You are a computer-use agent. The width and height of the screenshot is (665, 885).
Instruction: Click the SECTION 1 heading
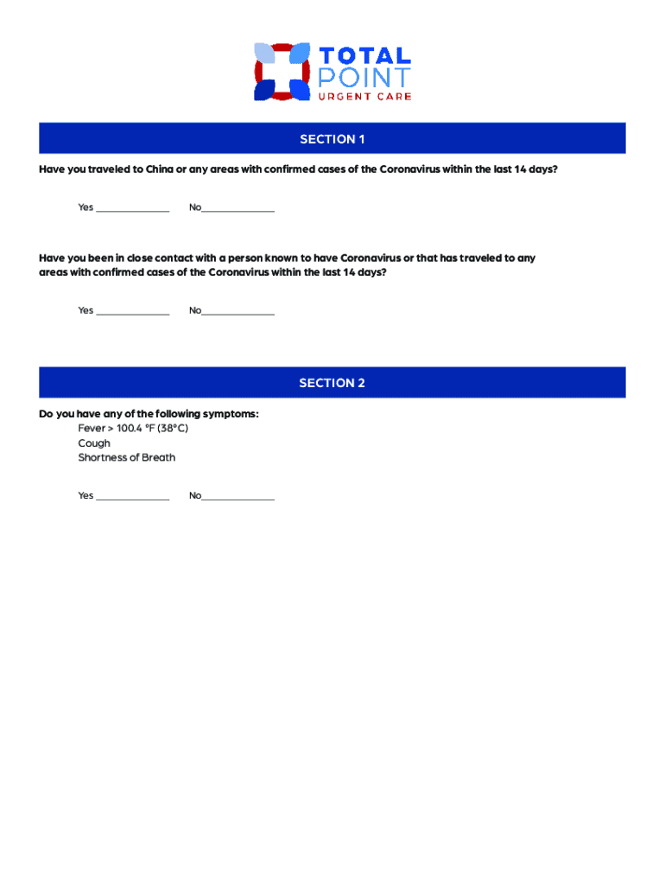tap(332, 139)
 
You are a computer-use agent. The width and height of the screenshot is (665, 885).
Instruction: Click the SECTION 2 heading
tap(332, 383)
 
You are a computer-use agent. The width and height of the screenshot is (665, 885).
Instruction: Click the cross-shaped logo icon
tap(282, 72)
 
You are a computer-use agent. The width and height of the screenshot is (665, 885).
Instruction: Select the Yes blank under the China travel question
tap(133, 208)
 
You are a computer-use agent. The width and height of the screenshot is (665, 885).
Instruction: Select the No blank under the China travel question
tap(237, 208)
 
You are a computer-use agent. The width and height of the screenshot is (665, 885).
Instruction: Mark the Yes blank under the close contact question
tap(133, 311)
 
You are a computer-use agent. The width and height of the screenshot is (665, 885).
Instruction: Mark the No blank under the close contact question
tap(237, 311)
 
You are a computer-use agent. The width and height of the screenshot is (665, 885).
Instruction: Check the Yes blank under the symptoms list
tap(133, 496)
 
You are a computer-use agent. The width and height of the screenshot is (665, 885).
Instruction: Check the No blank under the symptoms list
tap(237, 496)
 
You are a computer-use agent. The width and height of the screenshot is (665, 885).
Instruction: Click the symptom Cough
tap(94, 443)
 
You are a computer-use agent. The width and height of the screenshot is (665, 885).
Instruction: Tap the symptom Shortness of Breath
tap(127, 457)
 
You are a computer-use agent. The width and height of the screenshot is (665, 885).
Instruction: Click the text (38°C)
tap(172, 429)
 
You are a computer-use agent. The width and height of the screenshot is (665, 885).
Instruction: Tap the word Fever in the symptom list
tap(92, 429)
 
